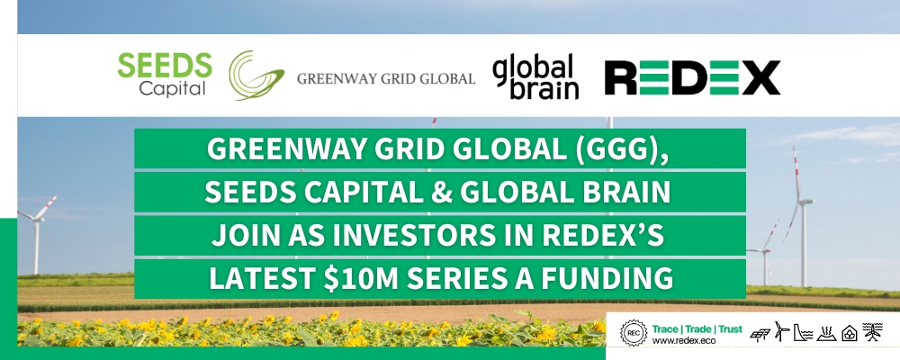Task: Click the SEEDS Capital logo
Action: [165, 76]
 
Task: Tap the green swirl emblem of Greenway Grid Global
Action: [256, 76]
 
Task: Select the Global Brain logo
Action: [535, 76]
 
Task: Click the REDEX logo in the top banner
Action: [692, 77]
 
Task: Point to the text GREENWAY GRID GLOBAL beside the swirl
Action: [386, 78]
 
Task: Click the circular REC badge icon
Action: [633, 332]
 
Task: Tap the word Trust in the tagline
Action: [730, 329]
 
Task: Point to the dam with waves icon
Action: [803, 332]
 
